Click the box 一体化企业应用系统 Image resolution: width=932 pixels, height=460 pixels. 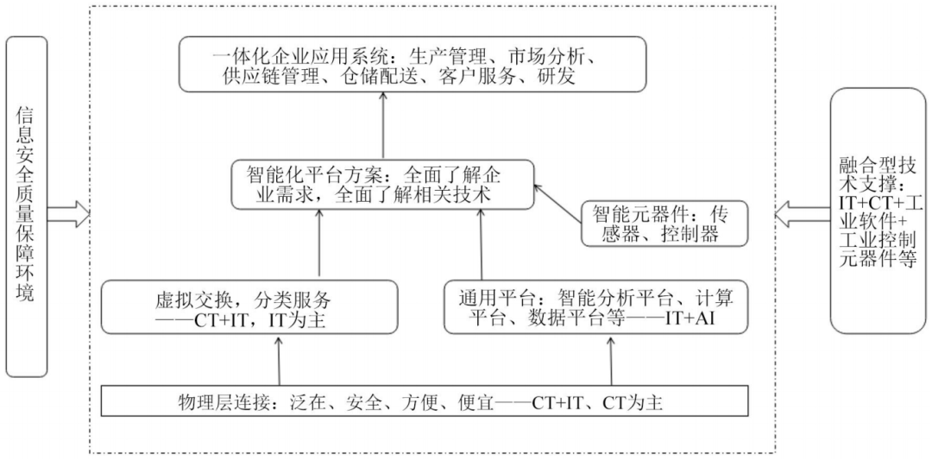tap(413, 65)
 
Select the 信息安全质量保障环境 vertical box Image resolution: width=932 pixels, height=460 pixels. tap(27, 206)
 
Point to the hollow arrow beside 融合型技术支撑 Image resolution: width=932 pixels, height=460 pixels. tap(802, 213)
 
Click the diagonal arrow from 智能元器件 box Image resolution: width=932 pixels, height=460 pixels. tap(557, 199)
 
